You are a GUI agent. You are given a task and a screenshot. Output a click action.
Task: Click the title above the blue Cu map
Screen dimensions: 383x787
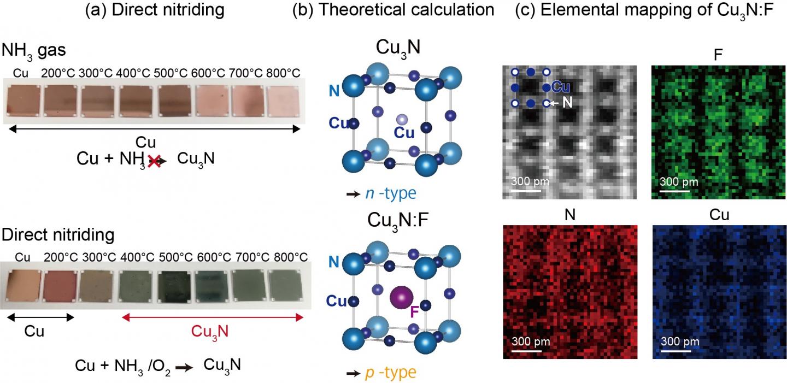(718, 215)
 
